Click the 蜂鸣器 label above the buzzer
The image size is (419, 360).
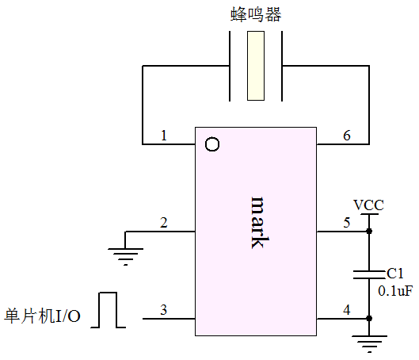click(256, 14)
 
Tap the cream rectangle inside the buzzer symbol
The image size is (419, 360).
click(256, 66)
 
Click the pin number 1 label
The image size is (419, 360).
click(164, 135)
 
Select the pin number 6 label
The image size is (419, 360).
click(347, 136)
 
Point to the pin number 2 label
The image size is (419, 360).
click(164, 223)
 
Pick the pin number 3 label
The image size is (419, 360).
click(163, 310)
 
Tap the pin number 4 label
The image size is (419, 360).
click(347, 310)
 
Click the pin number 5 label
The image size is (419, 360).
click(347, 223)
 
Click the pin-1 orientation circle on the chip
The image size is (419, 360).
click(212, 144)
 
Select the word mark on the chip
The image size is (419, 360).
click(260, 223)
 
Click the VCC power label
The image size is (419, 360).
click(368, 205)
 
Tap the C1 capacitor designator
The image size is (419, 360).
click(395, 274)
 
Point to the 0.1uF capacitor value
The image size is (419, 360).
click(395, 291)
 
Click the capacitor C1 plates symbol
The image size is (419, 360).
click(369, 275)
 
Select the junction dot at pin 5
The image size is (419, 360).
click(369, 231)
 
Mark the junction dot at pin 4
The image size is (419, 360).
click(369, 318)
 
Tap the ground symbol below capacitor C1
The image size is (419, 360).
click(369, 344)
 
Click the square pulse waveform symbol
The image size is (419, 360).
click(108, 310)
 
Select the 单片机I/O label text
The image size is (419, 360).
click(42, 316)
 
